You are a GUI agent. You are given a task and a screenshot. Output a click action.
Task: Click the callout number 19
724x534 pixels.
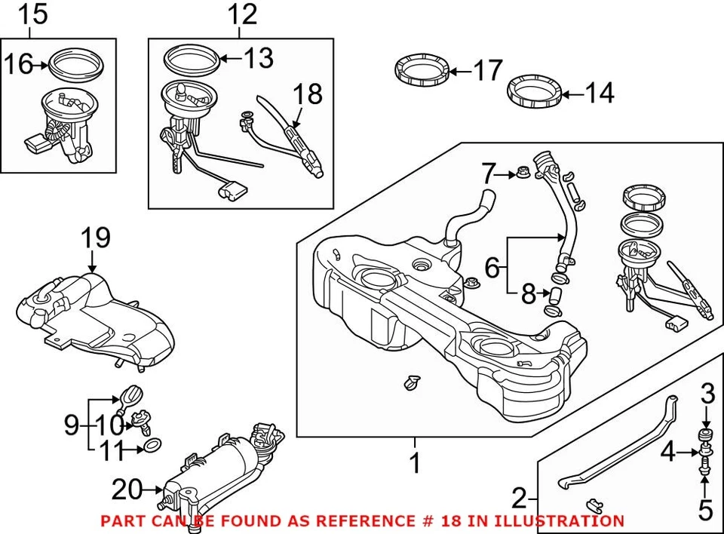[96, 238]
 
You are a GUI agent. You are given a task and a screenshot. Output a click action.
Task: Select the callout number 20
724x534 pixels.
[127, 490]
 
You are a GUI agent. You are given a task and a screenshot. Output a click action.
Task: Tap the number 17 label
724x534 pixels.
[487, 71]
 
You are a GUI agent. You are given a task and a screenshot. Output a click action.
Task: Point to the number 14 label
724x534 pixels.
[599, 94]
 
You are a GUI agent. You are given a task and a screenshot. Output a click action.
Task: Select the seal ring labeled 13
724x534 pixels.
[192, 59]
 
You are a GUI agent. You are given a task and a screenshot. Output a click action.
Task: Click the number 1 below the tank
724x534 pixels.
[414, 462]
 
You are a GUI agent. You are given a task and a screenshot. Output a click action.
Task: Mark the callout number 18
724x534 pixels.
[306, 94]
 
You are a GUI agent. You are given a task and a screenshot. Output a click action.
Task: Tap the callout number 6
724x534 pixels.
[492, 266]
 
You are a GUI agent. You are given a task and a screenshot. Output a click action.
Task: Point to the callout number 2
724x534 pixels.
[518, 499]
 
